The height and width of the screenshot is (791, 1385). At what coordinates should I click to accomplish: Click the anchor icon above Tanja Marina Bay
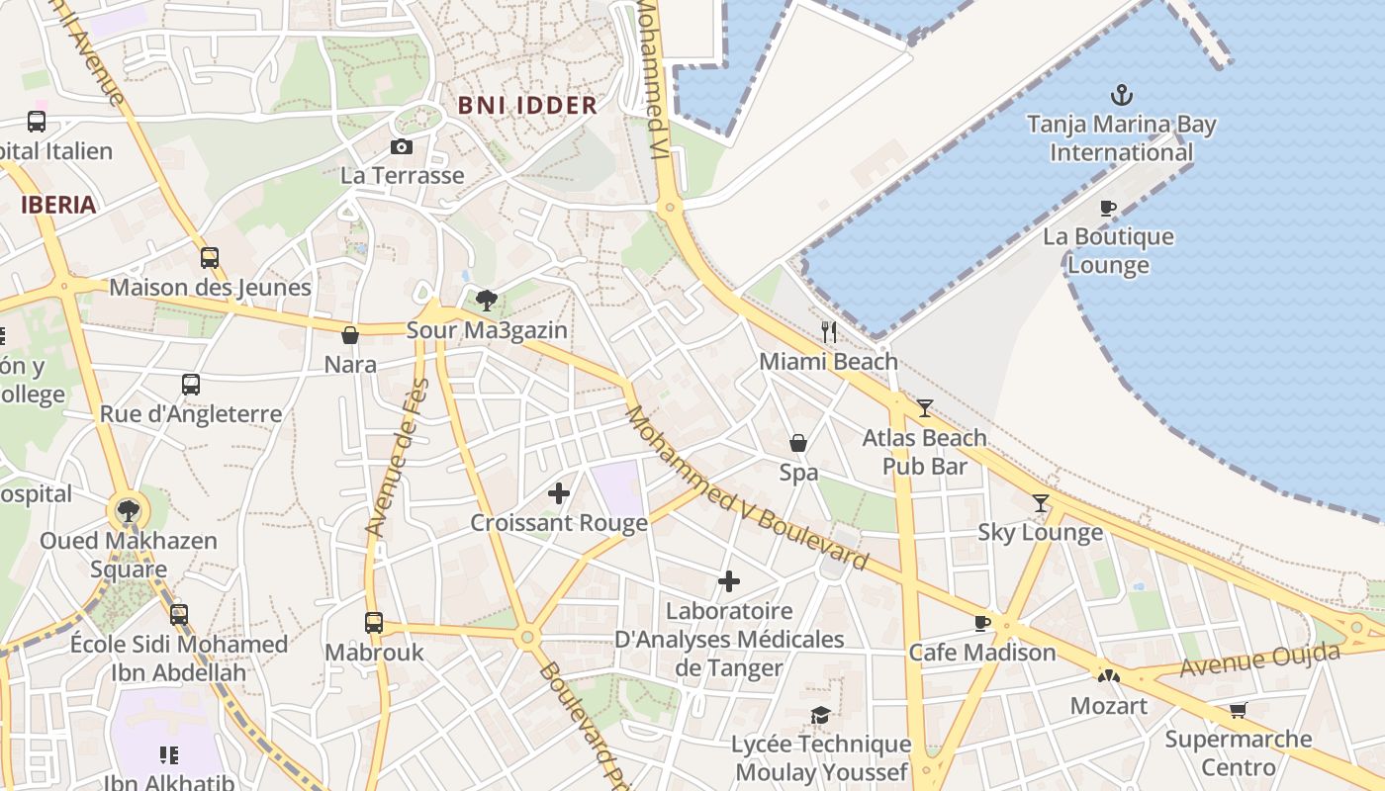[1121, 95]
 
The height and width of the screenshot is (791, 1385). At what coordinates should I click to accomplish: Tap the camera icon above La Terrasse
[402, 146]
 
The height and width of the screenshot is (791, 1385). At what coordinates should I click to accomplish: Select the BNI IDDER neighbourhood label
[527, 105]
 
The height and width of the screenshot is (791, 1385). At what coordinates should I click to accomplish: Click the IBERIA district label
[59, 206]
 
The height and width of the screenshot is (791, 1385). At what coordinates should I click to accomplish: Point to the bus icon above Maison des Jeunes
[210, 258]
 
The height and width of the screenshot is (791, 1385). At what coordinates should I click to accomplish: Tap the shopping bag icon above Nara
[350, 335]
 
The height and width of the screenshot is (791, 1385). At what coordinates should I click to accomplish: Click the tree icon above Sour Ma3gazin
[486, 301]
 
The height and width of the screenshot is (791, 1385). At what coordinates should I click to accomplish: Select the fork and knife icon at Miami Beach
[829, 332]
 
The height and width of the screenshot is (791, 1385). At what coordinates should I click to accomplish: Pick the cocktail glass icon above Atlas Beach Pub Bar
[924, 407]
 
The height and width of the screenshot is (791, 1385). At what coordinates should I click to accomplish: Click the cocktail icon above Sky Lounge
[1040, 503]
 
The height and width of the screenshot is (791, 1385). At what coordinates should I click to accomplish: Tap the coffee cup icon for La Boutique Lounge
[1108, 208]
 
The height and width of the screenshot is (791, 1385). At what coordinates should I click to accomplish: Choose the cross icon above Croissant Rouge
[559, 492]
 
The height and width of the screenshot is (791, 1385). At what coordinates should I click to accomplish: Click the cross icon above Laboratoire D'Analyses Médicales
[729, 581]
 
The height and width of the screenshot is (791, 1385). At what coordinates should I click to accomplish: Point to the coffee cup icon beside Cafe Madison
[981, 623]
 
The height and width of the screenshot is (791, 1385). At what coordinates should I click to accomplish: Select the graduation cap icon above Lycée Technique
[820, 714]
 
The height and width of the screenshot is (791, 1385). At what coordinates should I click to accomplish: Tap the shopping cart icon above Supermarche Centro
[1238, 710]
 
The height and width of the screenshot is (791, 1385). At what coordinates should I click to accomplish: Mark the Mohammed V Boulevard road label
[746, 488]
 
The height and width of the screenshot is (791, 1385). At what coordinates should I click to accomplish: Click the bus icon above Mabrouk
[374, 623]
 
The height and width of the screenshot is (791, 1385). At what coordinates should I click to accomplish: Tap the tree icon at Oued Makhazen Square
[128, 511]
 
